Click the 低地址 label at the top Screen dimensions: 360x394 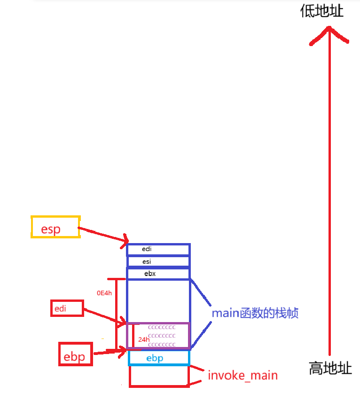click(x=322, y=10)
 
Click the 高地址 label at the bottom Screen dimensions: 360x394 click(x=330, y=368)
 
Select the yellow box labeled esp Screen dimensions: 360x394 click(x=55, y=227)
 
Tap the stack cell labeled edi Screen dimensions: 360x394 click(x=158, y=249)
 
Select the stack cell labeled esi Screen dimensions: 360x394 click(x=158, y=261)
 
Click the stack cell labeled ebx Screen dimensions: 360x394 click(x=158, y=273)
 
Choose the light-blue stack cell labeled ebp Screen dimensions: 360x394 click(x=158, y=358)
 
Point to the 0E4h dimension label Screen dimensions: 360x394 click(x=104, y=293)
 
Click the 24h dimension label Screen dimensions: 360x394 click(x=144, y=339)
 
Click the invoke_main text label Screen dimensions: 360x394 click(x=243, y=375)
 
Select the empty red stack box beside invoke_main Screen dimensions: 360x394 click(x=159, y=376)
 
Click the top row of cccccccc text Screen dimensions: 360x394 click(x=162, y=327)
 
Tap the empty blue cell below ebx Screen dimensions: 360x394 click(x=158, y=301)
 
